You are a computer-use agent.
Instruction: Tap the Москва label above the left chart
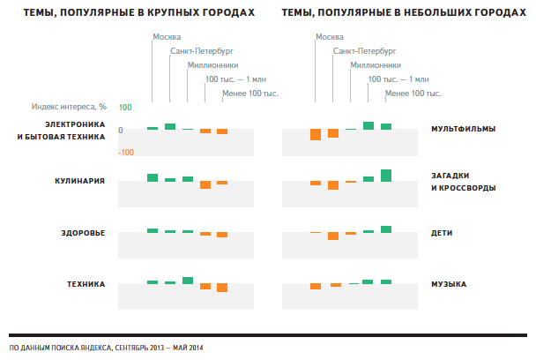167,37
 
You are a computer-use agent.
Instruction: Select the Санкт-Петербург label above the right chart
363,51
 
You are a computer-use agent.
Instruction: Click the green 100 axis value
124,108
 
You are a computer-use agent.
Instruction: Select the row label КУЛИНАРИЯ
79,181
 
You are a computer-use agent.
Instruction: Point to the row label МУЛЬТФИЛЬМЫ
463,130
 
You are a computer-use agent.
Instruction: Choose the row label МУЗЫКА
449,284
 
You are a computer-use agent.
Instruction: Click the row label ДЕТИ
442,233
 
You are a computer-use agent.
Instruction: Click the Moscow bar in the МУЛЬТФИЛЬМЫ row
316,134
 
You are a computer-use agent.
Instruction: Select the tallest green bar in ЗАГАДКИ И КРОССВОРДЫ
386,175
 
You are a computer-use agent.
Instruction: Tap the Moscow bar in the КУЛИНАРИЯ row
153,177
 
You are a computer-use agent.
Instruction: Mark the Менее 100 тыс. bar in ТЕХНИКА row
222,288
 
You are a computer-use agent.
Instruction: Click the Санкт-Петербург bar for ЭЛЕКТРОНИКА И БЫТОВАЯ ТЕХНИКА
170,126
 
